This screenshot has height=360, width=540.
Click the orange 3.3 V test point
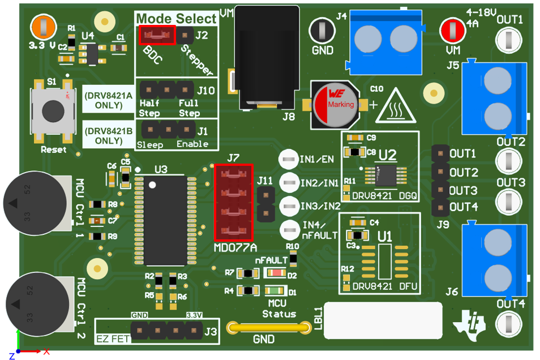click(x=43, y=27)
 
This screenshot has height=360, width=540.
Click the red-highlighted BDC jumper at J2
click(x=157, y=36)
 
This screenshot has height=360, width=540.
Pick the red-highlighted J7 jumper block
click(x=233, y=202)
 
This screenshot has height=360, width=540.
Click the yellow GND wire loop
click(x=264, y=328)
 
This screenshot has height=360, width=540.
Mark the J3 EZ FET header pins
click(x=166, y=329)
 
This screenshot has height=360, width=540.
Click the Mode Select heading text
click(x=176, y=18)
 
